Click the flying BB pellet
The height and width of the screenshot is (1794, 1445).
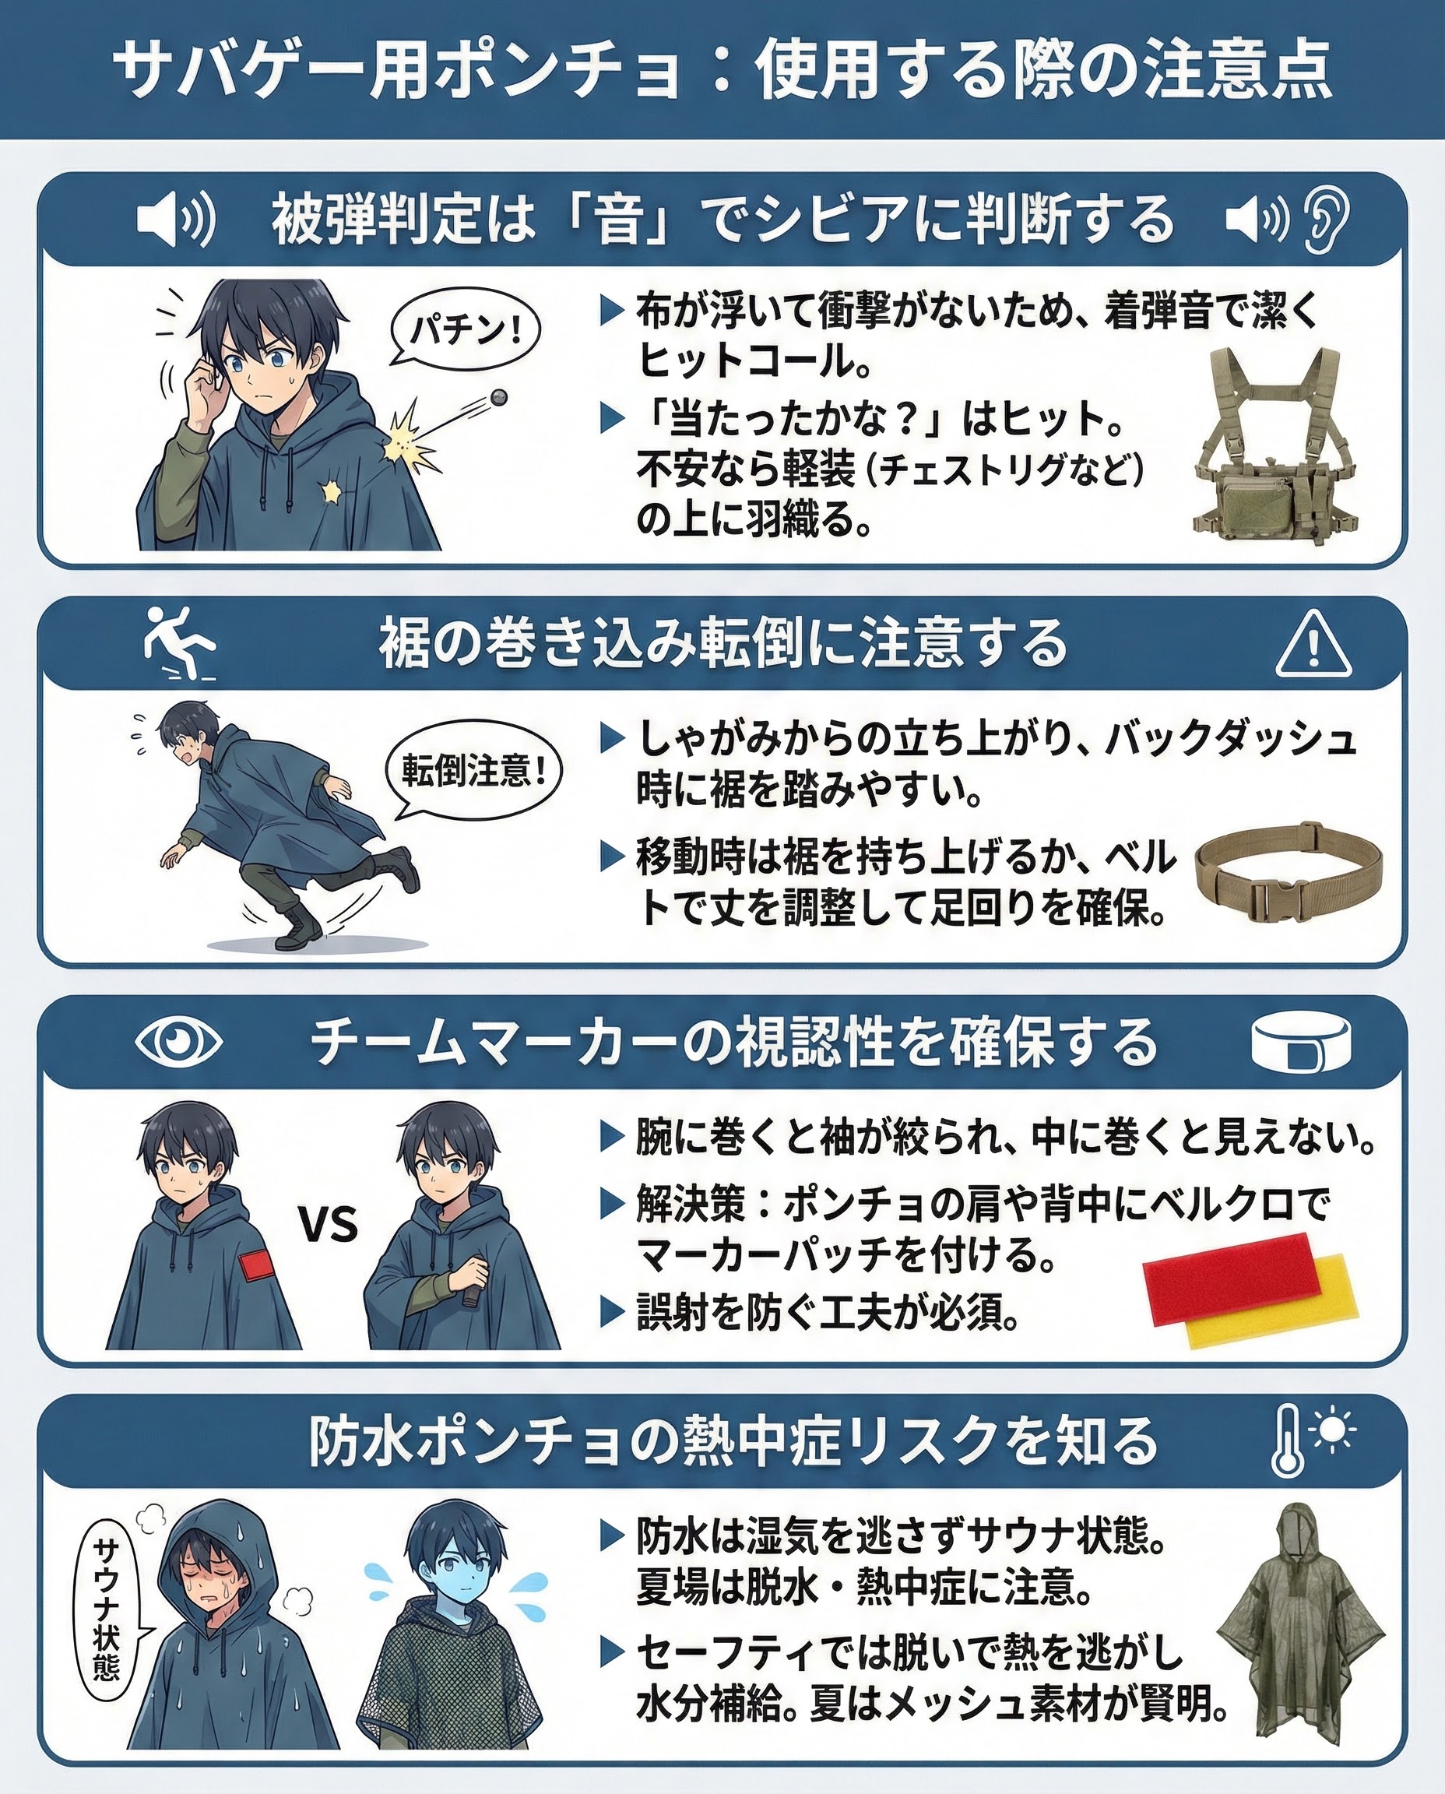tap(498, 398)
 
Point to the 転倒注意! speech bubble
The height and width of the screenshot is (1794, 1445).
tap(473, 771)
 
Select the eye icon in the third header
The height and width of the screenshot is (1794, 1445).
tap(178, 1041)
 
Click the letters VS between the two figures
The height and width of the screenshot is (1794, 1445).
tap(328, 1225)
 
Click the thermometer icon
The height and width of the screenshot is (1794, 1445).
tap(1288, 1442)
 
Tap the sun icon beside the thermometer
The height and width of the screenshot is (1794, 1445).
tap(1333, 1430)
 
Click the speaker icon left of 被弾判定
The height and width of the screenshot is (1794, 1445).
tap(176, 219)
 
